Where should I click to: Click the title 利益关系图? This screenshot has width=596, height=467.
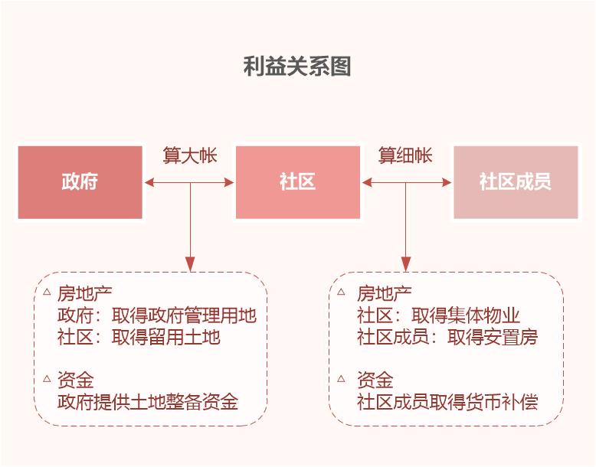coord(297,67)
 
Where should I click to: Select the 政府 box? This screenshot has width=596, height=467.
coord(80,182)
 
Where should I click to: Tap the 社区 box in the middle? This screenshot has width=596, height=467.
coord(297,182)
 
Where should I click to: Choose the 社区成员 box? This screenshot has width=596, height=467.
coord(516,182)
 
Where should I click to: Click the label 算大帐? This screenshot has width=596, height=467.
coord(189,155)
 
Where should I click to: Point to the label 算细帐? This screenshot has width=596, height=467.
coord(405,155)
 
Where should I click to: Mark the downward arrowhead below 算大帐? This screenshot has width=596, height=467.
coord(190,263)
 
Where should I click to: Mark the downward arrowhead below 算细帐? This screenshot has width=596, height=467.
coord(406,263)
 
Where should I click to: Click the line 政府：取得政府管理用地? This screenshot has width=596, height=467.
coord(156,315)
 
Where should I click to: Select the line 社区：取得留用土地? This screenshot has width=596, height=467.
coord(139,337)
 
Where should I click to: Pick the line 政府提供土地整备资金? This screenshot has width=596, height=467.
coord(148,401)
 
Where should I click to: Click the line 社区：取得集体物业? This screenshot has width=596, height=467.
coord(438,315)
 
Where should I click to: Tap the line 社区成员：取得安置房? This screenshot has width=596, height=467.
coord(447,337)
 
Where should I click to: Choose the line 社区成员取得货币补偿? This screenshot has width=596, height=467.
coord(447,401)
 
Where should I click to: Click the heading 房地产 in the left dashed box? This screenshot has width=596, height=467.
coord(84,294)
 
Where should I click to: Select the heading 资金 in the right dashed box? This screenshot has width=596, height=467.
coord(375,380)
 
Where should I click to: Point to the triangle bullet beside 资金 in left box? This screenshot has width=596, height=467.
coord(46,379)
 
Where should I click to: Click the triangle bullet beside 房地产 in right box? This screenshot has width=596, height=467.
coord(341,292)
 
